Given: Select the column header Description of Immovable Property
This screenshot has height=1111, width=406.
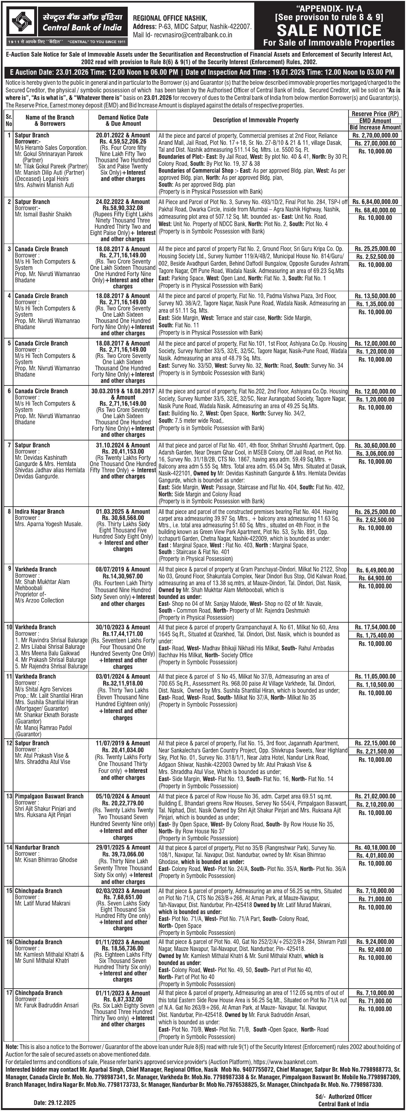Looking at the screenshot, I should tap(255, 120).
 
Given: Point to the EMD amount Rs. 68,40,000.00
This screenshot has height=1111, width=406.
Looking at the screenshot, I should tap(375, 210).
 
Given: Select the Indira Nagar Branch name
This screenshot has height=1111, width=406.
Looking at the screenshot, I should tap(40, 511).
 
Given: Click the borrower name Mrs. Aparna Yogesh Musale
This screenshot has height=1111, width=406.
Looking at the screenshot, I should tap(48, 524).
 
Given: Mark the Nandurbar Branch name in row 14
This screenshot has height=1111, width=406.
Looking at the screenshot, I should tap(37, 848).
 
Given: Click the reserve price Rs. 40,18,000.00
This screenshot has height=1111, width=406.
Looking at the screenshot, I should tap(375, 848).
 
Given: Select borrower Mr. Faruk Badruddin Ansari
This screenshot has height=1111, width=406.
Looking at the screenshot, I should tap(47, 1005).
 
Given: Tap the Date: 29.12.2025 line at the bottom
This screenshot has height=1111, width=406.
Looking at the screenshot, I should tap(55, 1102).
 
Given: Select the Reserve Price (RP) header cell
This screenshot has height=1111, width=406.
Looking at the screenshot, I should tap(375, 114).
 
